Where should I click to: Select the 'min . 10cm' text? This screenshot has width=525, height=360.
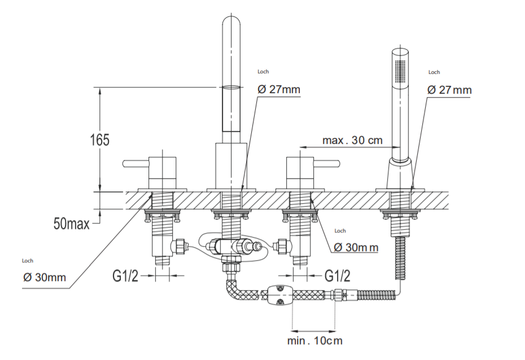(x=314, y=340)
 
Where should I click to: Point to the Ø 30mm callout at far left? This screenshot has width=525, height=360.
(x=45, y=277)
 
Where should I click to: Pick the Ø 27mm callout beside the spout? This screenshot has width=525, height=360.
(x=279, y=90)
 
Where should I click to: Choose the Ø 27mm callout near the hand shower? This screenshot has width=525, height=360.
(x=449, y=90)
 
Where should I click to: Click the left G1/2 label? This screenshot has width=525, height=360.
(x=125, y=276)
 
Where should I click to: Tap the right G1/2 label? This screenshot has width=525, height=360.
(x=337, y=276)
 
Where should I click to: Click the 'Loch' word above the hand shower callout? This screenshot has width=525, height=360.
(x=434, y=72)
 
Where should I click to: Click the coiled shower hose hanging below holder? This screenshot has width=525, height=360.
(x=400, y=257)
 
